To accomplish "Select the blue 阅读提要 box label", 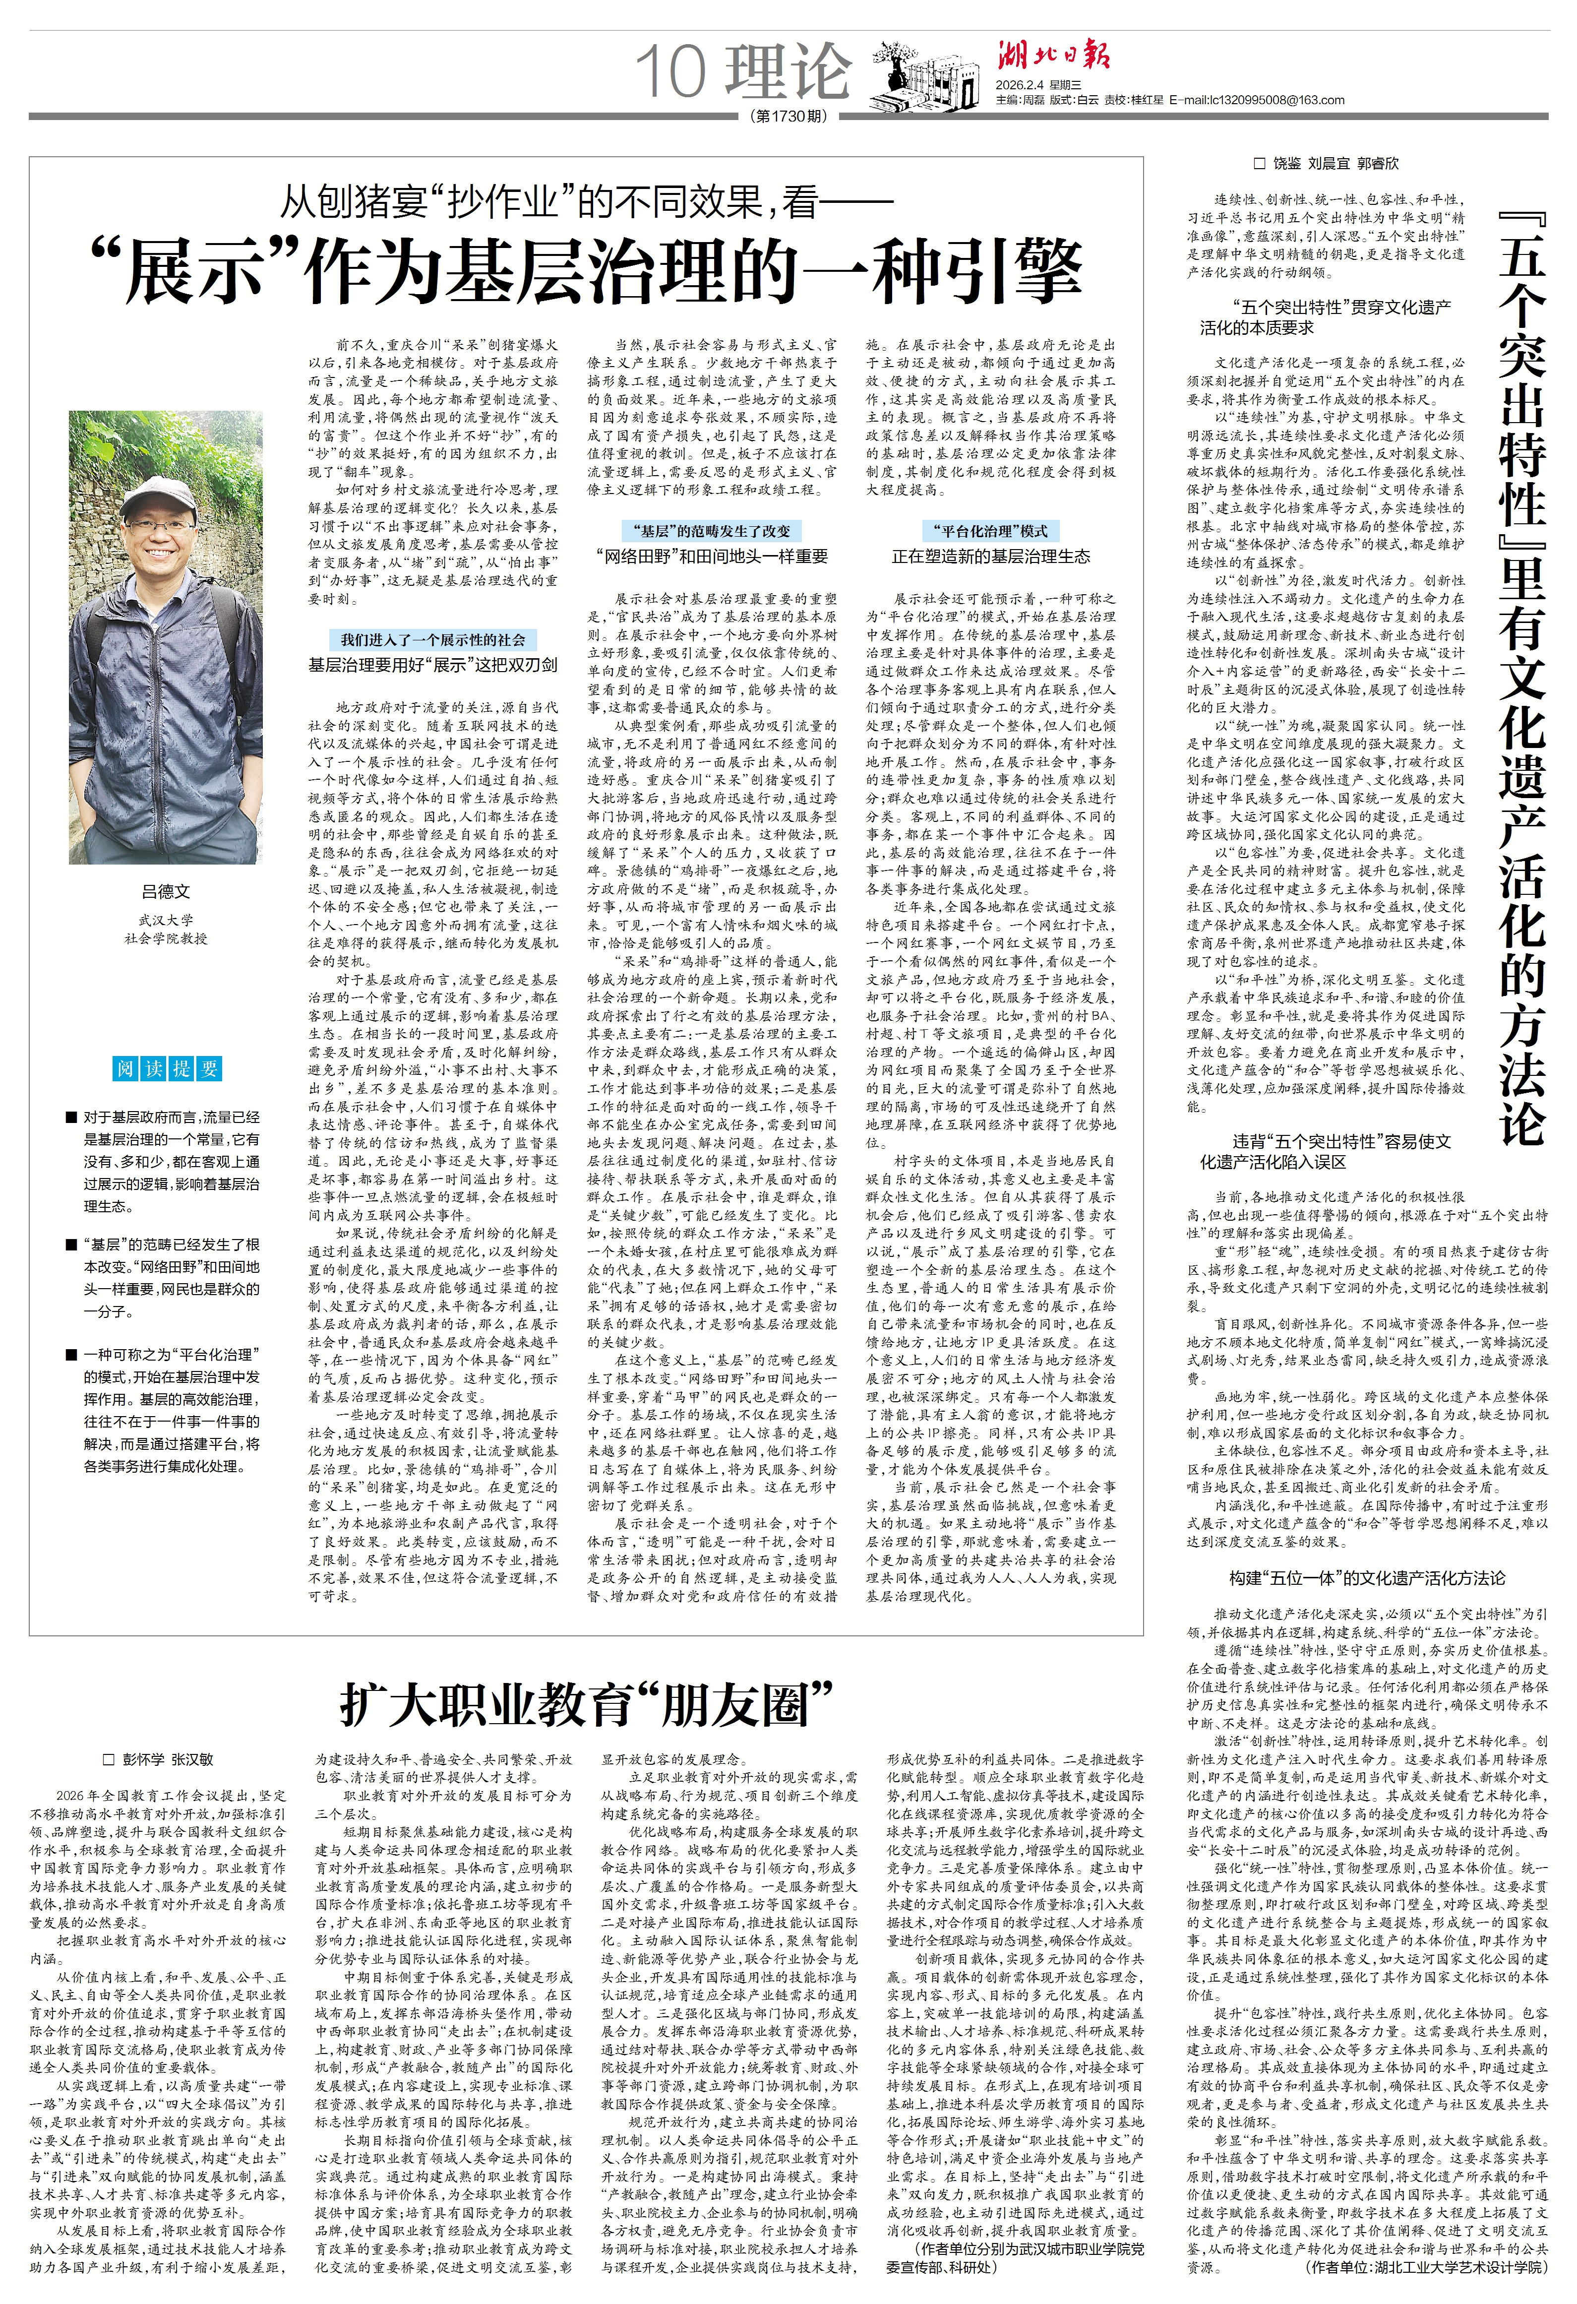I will pos(167,1068).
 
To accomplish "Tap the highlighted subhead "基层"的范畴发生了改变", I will pos(712,530).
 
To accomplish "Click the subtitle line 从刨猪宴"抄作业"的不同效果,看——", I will pos(585,202).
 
